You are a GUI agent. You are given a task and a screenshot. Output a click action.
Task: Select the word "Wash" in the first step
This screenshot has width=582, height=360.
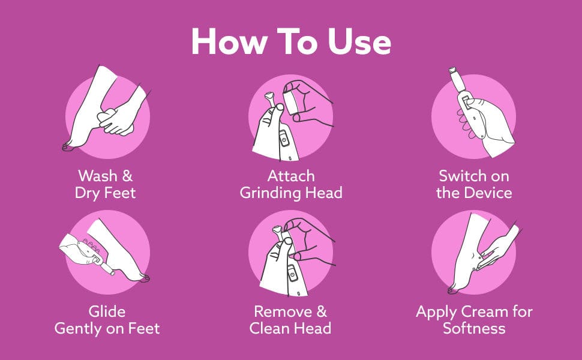click(x=98, y=176)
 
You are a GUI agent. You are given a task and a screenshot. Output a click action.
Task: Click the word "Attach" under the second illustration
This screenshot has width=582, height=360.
click(x=291, y=176)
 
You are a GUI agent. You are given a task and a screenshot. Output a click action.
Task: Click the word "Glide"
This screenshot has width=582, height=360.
click(x=107, y=311)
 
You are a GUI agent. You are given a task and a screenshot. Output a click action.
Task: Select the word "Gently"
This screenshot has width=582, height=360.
click(x=79, y=329)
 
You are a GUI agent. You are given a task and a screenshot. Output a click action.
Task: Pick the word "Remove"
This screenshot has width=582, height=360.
click(x=283, y=311)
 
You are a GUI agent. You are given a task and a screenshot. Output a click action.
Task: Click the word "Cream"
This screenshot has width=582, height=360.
click(x=484, y=311)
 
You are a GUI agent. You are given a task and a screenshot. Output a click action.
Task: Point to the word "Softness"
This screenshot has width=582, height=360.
click(x=474, y=328)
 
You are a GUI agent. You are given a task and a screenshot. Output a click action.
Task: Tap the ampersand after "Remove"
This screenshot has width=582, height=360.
click(x=322, y=311)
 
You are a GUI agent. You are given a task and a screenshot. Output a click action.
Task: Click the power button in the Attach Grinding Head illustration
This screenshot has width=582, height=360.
click(x=284, y=140)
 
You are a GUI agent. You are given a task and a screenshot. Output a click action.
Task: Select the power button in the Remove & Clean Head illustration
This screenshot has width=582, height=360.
click(x=292, y=275)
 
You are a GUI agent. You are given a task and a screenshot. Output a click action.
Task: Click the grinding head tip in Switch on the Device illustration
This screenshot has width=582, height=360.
click(x=452, y=70)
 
